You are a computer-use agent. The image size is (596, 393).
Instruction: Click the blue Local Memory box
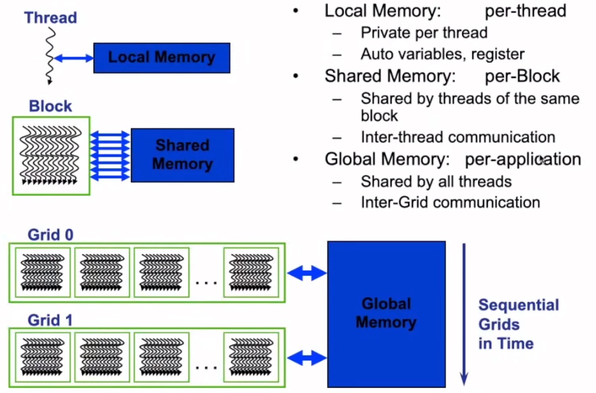162,58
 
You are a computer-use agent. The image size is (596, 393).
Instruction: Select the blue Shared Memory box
182,155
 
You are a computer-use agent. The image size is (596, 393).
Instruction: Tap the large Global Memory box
386,314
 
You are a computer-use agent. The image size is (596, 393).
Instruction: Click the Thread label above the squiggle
51,18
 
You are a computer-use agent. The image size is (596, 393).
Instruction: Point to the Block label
51,106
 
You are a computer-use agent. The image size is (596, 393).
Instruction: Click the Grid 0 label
51,235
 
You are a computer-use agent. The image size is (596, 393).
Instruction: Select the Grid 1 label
50,320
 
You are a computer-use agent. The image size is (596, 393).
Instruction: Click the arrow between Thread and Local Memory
73,58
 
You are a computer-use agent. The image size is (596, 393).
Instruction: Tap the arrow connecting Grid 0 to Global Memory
307,273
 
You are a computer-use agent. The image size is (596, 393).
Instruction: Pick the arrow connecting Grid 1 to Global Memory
307,358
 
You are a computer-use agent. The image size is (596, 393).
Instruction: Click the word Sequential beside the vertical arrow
518,305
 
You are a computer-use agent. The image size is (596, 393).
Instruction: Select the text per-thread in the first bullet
525,11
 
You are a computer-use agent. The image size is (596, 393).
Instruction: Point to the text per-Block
522,76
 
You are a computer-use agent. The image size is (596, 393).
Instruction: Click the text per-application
523,159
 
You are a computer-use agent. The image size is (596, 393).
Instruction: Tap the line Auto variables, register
442,54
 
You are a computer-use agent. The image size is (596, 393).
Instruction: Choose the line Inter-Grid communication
450,203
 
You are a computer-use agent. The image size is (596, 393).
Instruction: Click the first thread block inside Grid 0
43,272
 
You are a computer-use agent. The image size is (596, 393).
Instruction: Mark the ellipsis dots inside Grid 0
206,283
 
